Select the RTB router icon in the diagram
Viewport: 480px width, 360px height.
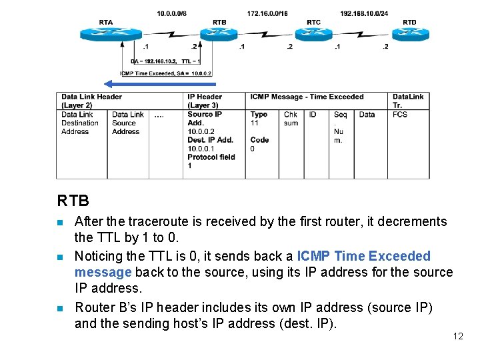219,33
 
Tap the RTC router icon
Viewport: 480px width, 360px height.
313,33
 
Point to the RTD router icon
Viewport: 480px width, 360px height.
409,33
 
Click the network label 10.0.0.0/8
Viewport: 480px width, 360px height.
172,13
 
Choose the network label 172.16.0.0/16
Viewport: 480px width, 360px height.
267,13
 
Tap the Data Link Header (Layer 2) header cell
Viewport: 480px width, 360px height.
91,101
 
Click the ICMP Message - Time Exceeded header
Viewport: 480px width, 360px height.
307,97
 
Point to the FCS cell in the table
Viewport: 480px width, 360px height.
400,115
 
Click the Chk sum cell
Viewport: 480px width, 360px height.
291,119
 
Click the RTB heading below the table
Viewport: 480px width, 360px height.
73,200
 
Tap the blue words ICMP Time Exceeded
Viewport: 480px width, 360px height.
363,256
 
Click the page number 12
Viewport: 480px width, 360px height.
457,336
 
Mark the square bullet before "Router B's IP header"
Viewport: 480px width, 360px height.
61,308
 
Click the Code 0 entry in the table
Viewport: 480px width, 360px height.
259,144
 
